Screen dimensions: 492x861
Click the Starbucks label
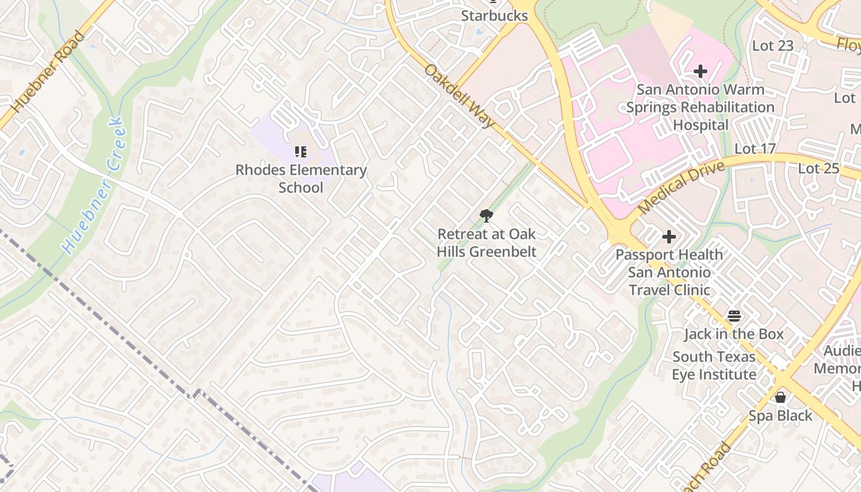click(494, 15)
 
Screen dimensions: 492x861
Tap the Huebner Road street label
click(48, 71)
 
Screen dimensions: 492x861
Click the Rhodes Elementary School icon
click(301, 151)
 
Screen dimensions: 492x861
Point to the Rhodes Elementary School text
click(301, 178)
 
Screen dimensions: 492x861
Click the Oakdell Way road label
click(459, 97)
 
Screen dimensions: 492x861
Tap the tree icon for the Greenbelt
click(486, 216)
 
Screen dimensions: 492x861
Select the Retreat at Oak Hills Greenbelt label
click(486, 243)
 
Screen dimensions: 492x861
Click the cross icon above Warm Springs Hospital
click(700, 72)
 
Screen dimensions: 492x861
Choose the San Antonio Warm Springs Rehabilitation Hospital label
click(700, 107)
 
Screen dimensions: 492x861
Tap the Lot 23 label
click(772, 46)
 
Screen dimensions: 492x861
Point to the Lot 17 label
click(755, 149)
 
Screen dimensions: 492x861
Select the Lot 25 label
click(818, 168)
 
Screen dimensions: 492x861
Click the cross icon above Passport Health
click(669, 237)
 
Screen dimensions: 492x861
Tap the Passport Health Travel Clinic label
click(669, 272)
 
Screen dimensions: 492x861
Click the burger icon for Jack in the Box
click(734, 316)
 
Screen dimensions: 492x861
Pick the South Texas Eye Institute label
click(714, 365)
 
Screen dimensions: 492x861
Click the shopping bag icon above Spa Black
click(780, 397)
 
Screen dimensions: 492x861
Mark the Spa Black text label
click(780, 416)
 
